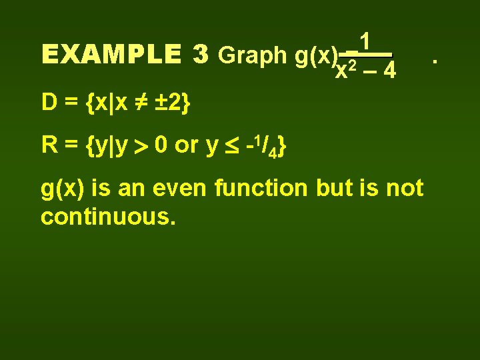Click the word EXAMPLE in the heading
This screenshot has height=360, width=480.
(110, 55)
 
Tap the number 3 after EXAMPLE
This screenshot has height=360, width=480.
(199, 55)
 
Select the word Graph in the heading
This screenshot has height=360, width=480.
(253, 56)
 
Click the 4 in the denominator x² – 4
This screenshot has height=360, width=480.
(391, 70)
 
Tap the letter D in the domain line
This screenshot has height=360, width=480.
(49, 103)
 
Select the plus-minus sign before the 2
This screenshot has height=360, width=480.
(160, 103)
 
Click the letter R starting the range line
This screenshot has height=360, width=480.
(49, 145)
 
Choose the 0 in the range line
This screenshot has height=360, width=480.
(160, 145)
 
